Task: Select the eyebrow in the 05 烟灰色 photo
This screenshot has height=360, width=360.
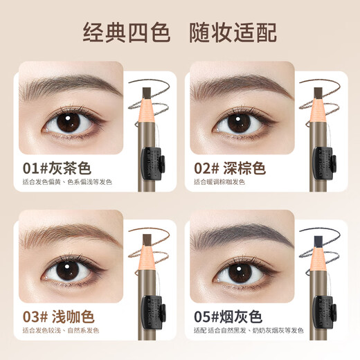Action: pos(235,237)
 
